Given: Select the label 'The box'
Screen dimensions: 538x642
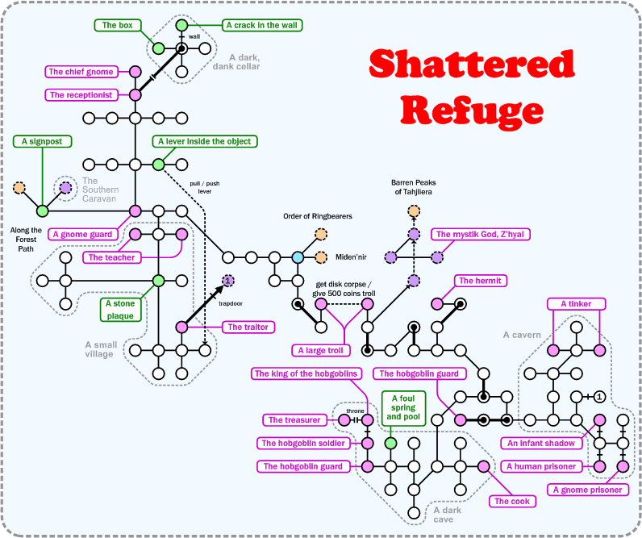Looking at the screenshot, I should click(x=118, y=25).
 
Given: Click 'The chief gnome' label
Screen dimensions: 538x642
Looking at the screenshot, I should click(x=81, y=72).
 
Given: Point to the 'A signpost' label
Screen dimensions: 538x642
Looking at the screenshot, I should click(x=43, y=141).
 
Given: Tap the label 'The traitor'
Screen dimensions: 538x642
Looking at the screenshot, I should click(x=248, y=327).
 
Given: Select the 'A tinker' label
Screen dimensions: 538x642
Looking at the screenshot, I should click(x=576, y=303).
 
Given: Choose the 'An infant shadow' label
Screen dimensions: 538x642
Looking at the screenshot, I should click(x=540, y=443).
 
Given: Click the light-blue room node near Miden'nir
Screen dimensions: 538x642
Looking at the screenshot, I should click(x=298, y=257).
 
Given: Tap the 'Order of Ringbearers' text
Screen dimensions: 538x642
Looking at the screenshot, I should click(x=318, y=216).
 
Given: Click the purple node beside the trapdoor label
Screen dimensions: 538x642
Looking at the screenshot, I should click(x=228, y=280).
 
